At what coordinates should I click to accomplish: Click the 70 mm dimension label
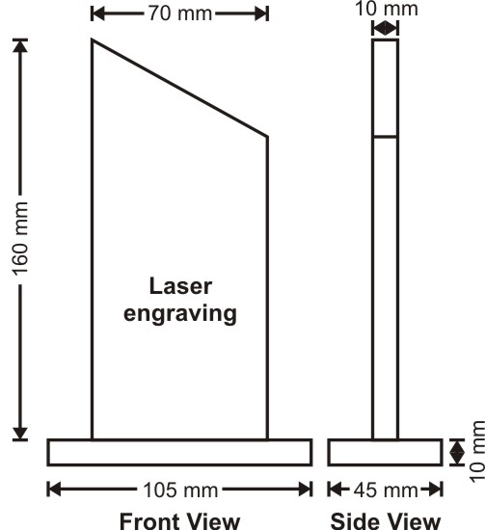[180, 13]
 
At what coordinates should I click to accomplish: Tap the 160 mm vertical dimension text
[20, 239]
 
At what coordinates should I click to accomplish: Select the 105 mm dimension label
[180, 490]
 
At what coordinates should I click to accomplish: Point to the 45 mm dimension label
[386, 490]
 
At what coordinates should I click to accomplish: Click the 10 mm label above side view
[387, 9]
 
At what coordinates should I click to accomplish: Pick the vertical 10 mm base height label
[477, 452]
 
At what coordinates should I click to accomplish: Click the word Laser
[180, 286]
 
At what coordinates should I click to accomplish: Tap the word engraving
[180, 314]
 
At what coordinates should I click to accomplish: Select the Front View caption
[179, 521]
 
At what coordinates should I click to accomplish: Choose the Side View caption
[386, 521]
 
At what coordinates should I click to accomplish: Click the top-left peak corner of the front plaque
[92, 40]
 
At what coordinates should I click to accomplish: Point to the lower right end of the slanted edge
[267, 137]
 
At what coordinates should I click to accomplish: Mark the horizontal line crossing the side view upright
[386, 137]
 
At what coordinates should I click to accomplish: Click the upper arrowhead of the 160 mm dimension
[20, 45]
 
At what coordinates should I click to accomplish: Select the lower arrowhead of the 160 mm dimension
[20, 434]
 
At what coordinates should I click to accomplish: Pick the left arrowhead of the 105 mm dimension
[54, 490]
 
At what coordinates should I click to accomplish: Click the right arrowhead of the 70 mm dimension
[261, 13]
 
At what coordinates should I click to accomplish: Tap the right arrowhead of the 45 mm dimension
[436, 490]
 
